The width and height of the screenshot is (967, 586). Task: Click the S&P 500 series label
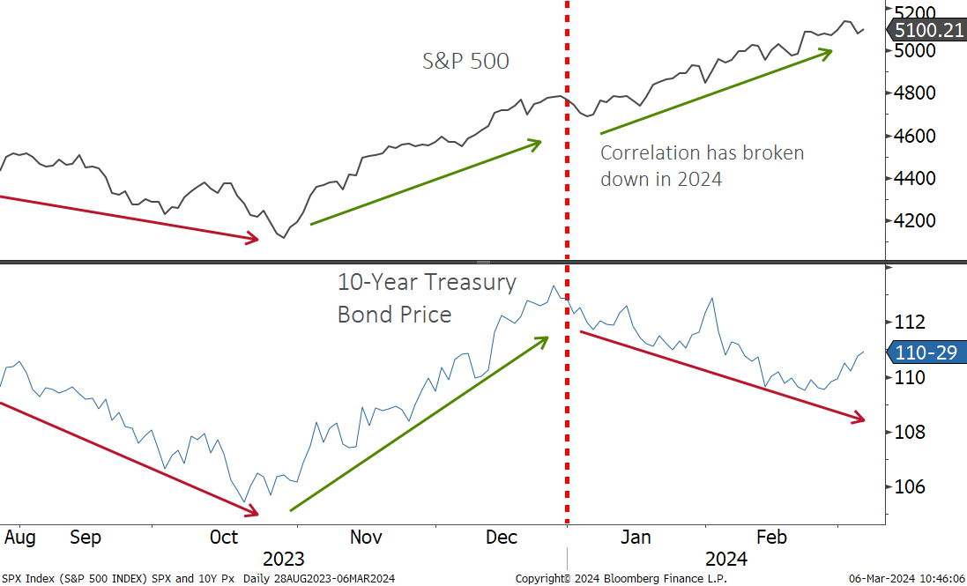point(465,62)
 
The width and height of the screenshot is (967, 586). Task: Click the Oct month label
point(224,537)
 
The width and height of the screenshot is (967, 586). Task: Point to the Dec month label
point(501,537)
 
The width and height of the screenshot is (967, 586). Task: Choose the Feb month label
point(771,537)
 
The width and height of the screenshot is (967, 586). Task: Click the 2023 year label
point(284,559)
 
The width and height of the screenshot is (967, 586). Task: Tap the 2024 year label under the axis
point(725,559)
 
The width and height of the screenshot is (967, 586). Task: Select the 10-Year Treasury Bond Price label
point(427,298)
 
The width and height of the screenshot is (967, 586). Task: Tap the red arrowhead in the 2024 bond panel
point(858,418)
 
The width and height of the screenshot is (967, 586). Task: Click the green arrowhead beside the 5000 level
point(825,53)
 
